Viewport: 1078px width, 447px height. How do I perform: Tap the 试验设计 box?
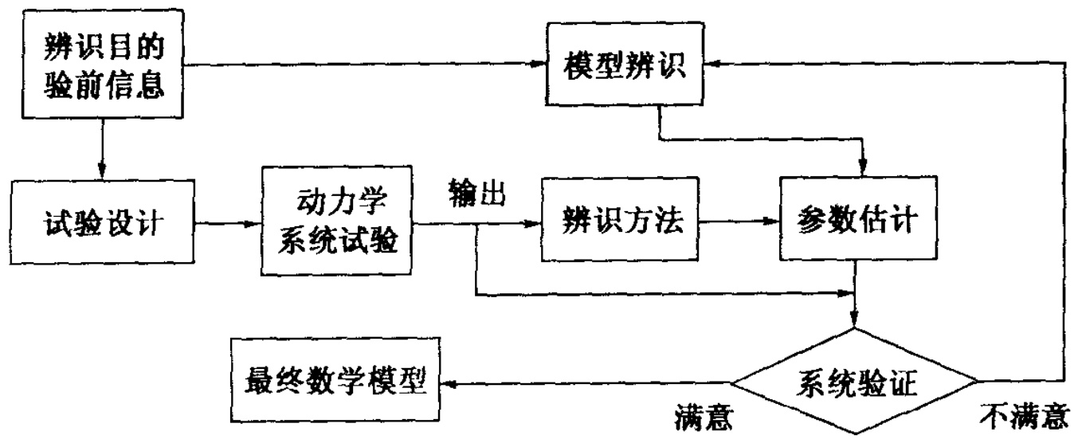tap(100, 223)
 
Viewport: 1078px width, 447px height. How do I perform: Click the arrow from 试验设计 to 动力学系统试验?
tap(226, 224)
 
